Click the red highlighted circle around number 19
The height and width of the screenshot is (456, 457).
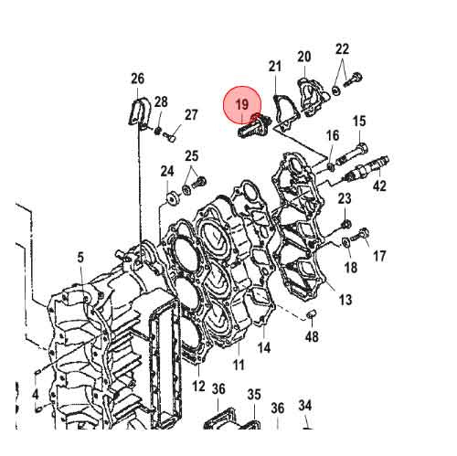tap(243, 106)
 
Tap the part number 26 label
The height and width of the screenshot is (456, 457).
tap(137, 79)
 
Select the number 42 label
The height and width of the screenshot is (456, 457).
tap(379, 186)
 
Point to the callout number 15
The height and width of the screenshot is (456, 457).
tap(359, 122)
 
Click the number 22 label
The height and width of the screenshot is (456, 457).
tap(342, 48)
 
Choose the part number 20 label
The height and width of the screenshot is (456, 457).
tap(304, 58)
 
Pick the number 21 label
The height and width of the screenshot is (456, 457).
tap(275, 67)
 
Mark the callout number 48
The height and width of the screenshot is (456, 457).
tap(312, 337)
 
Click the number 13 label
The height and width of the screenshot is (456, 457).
tap(345, 300)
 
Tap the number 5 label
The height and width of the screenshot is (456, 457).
tap(80, 259)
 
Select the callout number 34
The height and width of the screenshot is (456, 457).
tap(305, 406)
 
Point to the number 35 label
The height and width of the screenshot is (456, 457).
tap(254, 394)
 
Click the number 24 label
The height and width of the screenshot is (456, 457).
tap(167, 171)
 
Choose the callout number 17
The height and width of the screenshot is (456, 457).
tap(379, 256)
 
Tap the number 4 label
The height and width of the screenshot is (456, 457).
tap(35, 395)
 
